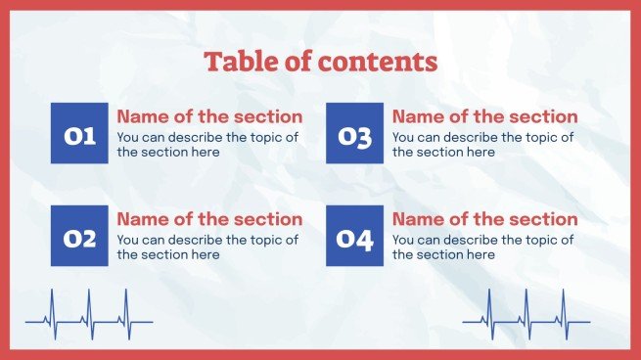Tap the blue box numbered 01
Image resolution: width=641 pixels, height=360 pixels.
pyautogui.click(x=80, y=133)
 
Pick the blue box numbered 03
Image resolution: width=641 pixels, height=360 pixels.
pyautogui.click(x=355, y=133)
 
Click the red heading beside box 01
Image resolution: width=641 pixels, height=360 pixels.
pyautogui.click(x=209, y=116)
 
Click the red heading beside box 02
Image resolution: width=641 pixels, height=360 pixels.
pyautogui.click(x=209, y=219)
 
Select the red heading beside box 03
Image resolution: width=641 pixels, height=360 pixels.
pyautogui.click(x=484, y=116)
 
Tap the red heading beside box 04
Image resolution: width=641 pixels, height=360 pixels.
pyautogui.click(x=484, y=219)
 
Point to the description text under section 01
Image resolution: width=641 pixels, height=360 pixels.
pyautogui.click(x=207, y=145)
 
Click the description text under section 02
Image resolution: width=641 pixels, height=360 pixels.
pyautogui.click(x=207, y=247)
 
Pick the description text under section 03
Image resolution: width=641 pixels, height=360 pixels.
pyautogui.click(x=482, y=145)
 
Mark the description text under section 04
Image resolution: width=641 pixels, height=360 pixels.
pyautogui.click(x=482, y=247)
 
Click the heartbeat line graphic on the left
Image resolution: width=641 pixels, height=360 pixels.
pyautogui.click(x=89, y=316)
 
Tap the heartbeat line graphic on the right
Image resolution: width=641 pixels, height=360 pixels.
pyautogui.click(x=527, y=316)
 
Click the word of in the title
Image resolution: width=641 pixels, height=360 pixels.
pyautogui.click(x=296, y=63)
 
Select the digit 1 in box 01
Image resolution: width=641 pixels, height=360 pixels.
pyautogui.click(x=90, y=135)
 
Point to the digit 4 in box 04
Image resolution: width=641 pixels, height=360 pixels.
pyautogui.click(x=366, y=238)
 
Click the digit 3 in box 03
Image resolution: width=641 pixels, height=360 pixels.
pyautogui.click(x=365, y=136)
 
